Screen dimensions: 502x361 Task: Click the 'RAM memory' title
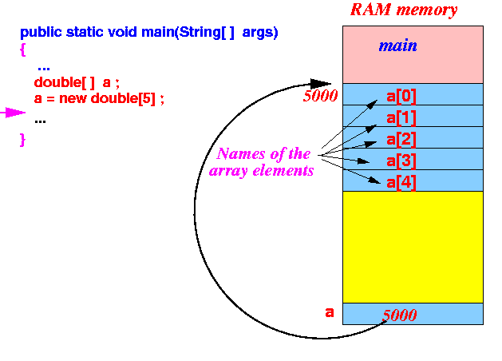[x=404, y=10]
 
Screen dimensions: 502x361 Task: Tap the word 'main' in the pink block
[x=398, y=46]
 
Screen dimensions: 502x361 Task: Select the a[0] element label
[x=401, y=96]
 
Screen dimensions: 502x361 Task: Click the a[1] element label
[x=401, y=118]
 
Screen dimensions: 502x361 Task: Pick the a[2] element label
[x=401, y=139]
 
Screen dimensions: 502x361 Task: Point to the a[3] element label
[x=401, y=161]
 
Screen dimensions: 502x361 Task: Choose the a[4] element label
[x=401, y=183]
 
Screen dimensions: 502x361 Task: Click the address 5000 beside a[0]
[x=320, y=96]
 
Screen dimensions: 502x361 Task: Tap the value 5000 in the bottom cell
[x=400, y=315]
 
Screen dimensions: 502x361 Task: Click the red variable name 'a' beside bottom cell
[x=330, y=312]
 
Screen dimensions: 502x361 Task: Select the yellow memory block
[x=413, y=247]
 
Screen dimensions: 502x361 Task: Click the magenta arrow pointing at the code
[x=13, y=113]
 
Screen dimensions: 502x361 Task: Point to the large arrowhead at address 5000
[x=321, y=84]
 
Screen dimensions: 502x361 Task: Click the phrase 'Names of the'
[x=263, y=154]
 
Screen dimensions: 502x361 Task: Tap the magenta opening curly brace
[x=22, y=50]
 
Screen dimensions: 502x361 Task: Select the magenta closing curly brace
[x=22, y=140]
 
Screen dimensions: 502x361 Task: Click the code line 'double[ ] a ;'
[x=77, y=82]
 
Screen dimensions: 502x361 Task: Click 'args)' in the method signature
[x=260, y=33]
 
